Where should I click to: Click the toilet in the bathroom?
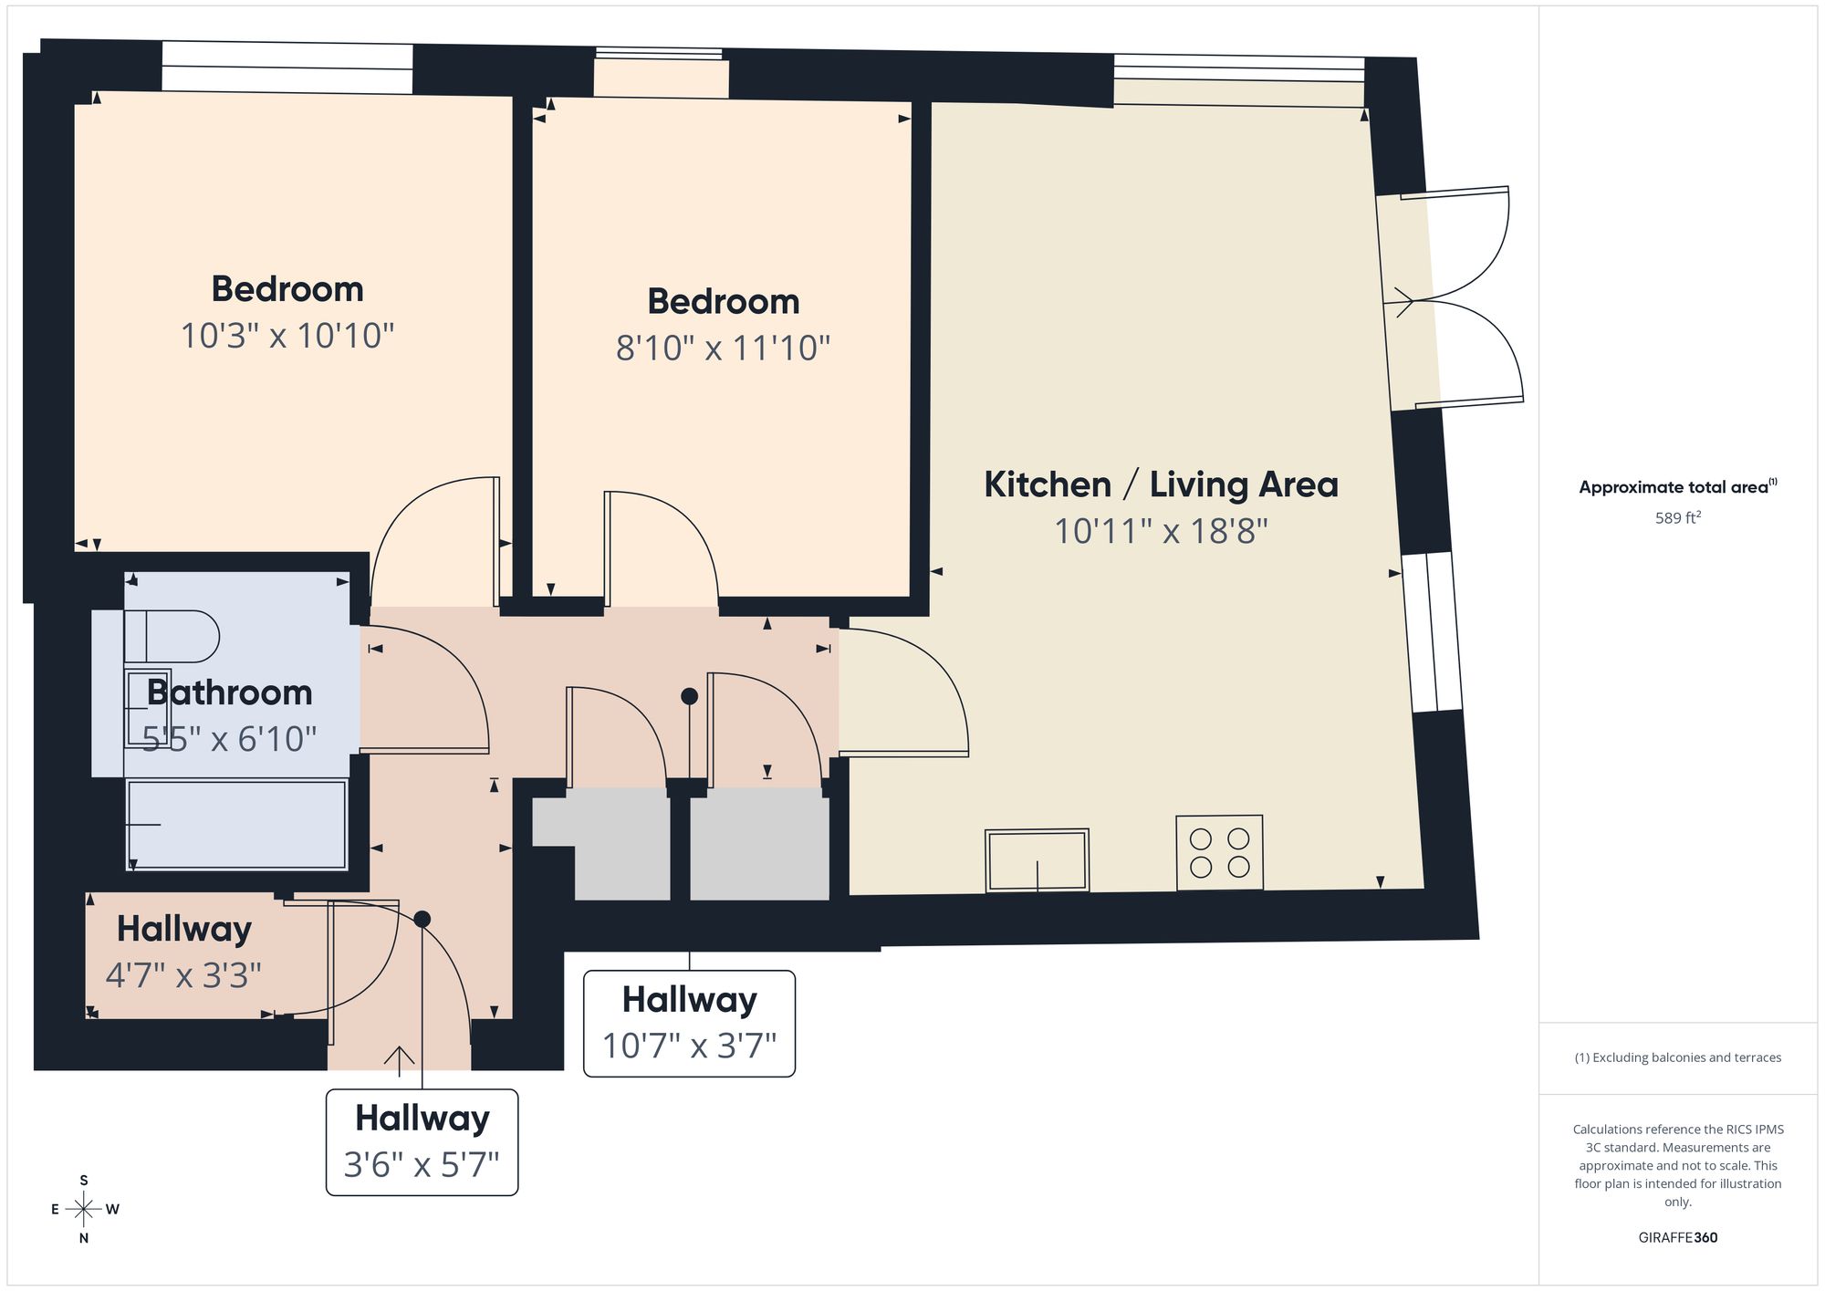[172, 636]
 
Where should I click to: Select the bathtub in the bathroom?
[237, 825]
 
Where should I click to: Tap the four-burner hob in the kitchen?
[1219, 852]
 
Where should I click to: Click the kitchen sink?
[1037, 859]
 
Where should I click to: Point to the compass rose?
[85, 1210]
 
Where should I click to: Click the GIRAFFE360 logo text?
[1677, 1238]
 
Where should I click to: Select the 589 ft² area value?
[1678, 517]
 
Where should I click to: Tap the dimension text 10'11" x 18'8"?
[1161, 531]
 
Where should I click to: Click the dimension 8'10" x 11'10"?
[723, 348]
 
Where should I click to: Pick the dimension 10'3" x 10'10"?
[287, 336]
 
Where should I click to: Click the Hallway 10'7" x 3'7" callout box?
[689, 1024]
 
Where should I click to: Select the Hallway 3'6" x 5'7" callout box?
[422, 1142]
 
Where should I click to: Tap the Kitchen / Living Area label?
[1161, 484]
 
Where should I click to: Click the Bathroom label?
[229, 692]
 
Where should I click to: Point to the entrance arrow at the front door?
[399, 1057]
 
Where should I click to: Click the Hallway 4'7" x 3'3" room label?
[183, 952]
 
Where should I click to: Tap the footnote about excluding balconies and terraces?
[1678, 1057]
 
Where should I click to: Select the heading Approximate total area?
[1678, 486]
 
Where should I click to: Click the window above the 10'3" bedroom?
[287, 68]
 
